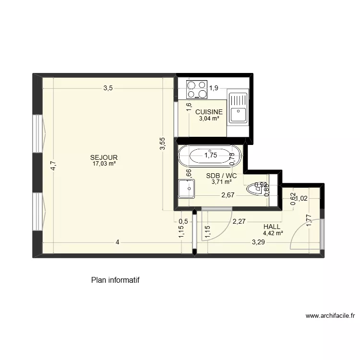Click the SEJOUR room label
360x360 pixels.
pyautogui.click(x=104, y=157)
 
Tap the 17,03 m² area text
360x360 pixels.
pyautogui.click(x=104, y=163)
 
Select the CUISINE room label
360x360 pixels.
pyautogui.click(x=209, y=112)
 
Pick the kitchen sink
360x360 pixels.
pyautogui.click(x=238, y=108)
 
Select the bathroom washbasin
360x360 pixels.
pyautogui.click(x=186, y=189)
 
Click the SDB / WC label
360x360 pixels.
pyautogui.click(x=221, y=176)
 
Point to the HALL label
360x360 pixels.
pyautogui.click(x=272, y=227)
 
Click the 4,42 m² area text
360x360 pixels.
pyautogui.click(x=273, y=234)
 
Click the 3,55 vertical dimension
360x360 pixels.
pyautogui.click(x=163, y=144)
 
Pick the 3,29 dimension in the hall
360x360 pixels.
pyautogui.click(x=258, y=242)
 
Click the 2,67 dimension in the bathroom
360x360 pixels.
pyautogui.click(x=228, y=195)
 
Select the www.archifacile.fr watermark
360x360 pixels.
pyautogui.click(x=330, y=316)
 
